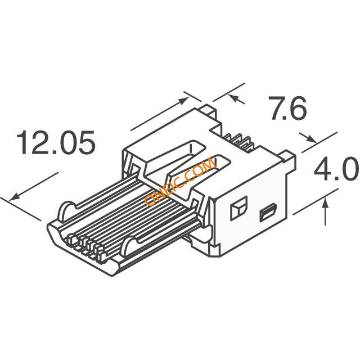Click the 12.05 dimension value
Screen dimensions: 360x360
[56, 142]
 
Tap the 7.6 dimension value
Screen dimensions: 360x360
[289, 109]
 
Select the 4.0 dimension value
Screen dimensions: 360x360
[336, 169]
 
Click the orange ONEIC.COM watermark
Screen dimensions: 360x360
[180, 182]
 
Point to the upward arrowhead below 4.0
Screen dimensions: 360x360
[325, 204]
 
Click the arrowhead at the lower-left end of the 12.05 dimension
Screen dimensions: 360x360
[13, 197]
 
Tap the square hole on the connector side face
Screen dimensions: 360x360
[238, 208]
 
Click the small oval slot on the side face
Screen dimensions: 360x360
[268, 213]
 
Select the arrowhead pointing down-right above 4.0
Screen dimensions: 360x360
[312, 139]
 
